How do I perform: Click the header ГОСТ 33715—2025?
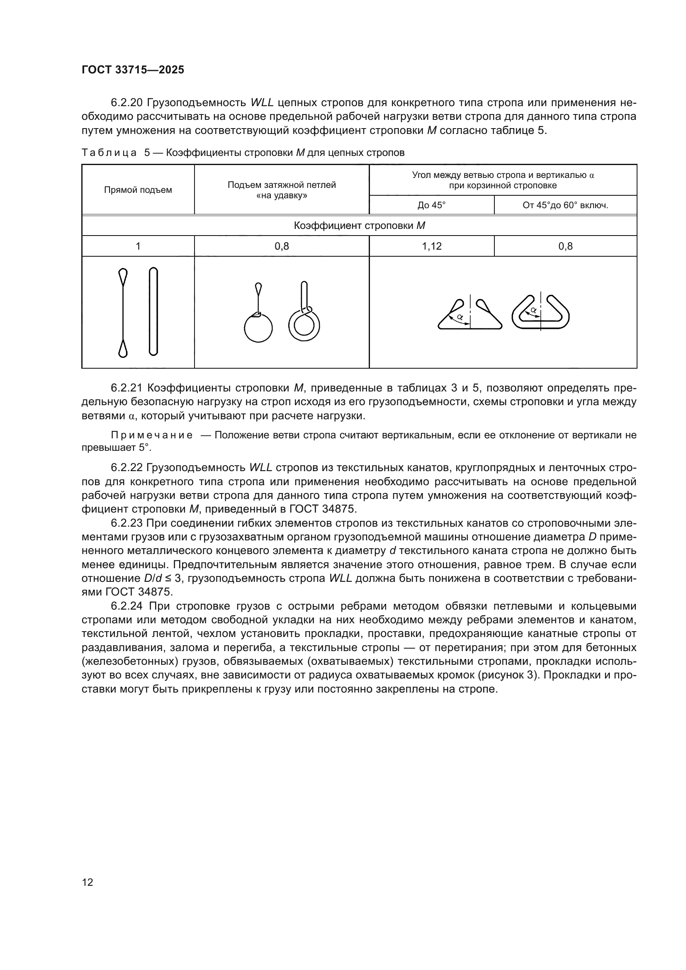(x=133, y=70)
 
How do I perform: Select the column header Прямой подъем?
(x=138, y=190)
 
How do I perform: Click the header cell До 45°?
(x=431, y=206)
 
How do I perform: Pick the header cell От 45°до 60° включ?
(x=565, y=206)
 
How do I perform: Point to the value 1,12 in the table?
(x=431, y=246)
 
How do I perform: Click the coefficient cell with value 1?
(x=138, y=246)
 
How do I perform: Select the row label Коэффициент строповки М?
(x=359, y=226)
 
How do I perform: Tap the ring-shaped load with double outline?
(x=304, y=326)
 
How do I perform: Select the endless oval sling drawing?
(x=153, y=311)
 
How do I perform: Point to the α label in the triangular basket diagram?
(x=460, y=316)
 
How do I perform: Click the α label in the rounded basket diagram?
(x=533, y=310)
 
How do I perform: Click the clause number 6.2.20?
(x=127, y=103)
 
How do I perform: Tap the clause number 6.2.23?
(x=127, y=523)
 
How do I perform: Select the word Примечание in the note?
(x=152, y=435)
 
